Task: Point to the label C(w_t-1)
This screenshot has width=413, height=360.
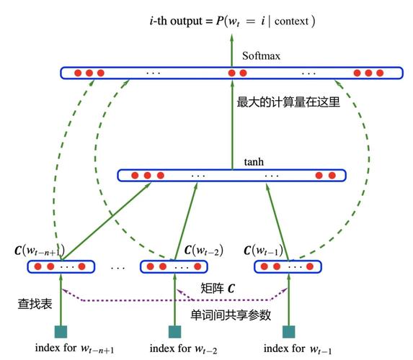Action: tap(265, 251)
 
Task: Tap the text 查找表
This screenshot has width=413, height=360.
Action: tap(35, 304)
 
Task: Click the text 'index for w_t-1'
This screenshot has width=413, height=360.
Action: tap(297, 349)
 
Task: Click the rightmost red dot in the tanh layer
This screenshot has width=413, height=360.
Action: tap(333, 175)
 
